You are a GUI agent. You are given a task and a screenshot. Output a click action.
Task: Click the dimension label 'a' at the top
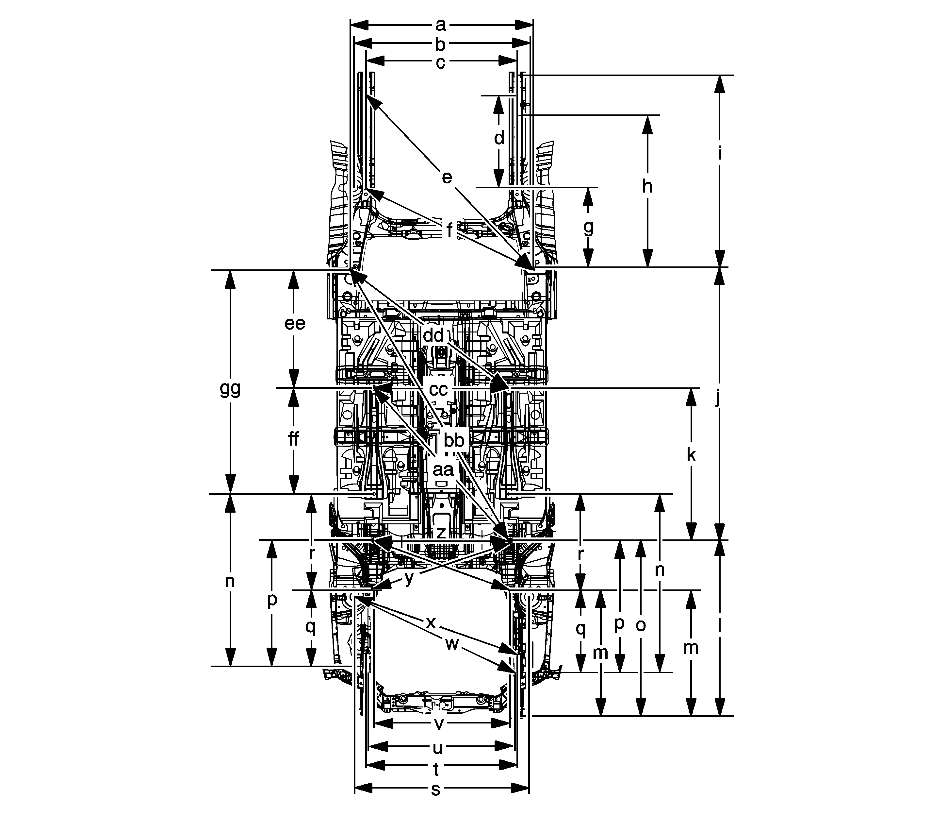coord(440,25)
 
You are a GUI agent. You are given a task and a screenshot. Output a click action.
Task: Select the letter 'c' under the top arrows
coord(440,63)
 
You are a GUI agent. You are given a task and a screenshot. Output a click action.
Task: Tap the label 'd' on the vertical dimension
coord(499,138)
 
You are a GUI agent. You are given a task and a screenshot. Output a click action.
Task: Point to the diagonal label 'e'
coord(447,178)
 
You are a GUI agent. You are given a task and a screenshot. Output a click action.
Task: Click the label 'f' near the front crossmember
coord(449,231)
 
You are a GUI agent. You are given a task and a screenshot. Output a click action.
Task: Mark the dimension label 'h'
coord(646,186)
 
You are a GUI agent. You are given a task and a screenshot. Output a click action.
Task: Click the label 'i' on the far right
coord(719,154)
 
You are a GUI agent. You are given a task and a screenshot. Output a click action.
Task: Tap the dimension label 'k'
coord(691,454)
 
